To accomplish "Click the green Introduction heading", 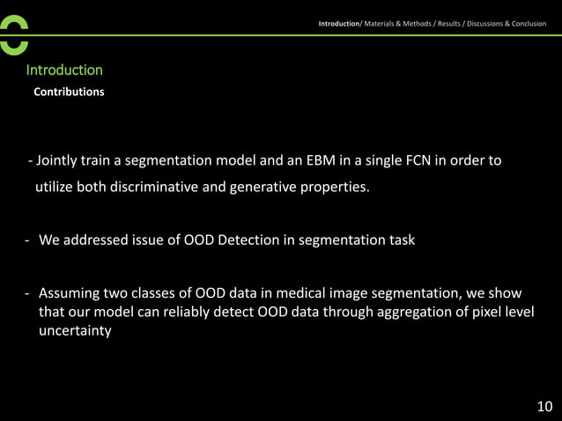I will [x=64, y=70].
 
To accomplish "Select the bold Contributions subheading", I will [x=69, y=92].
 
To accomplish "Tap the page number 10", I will [x=544, y=406].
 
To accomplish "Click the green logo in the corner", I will [x=14, y=35].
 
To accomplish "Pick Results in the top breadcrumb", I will [x=447, y=24].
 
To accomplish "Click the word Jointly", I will [x=57, y=160].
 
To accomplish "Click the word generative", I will [x=276, y=187].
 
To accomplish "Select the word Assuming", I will [x=70, y=292].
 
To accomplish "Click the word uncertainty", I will [x=75, y=331].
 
